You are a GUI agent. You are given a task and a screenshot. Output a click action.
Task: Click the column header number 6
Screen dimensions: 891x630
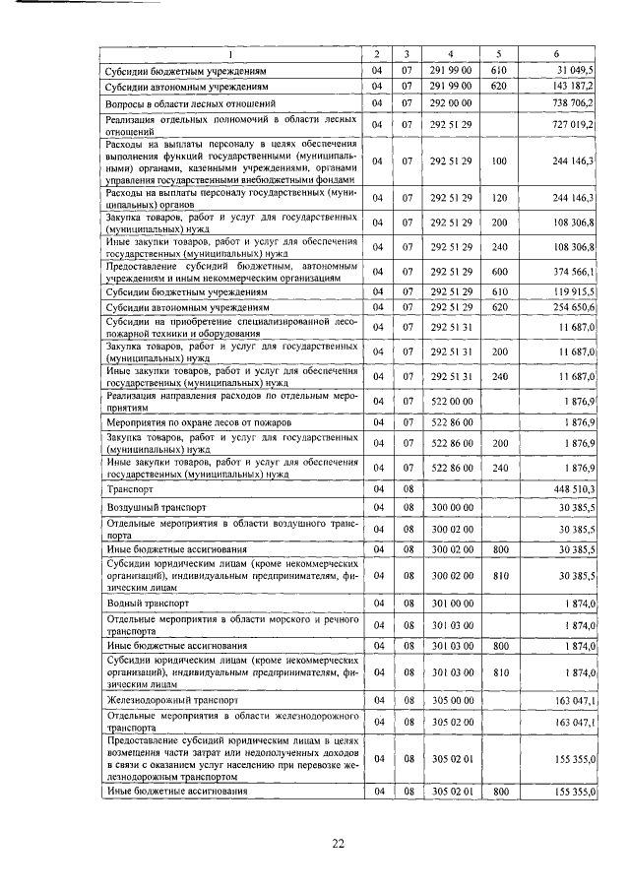[556, 53]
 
